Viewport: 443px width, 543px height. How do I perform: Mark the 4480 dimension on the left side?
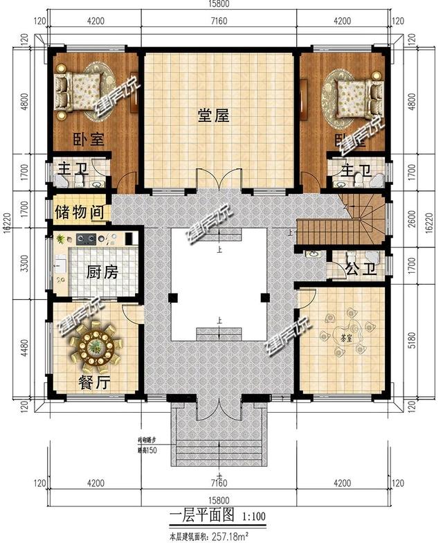pyautogui.click(x=26, y=350)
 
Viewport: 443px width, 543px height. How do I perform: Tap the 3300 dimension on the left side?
pyautogui.click(x=26, y=266)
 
